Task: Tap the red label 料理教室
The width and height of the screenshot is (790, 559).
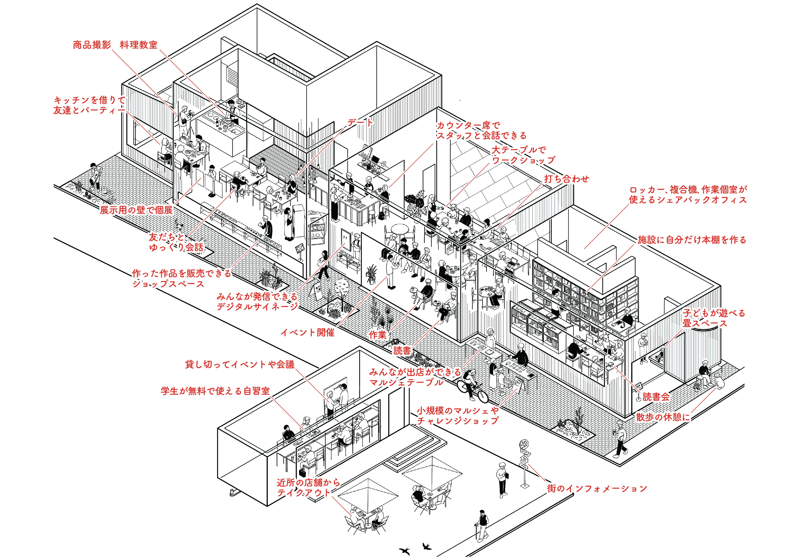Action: pos(139,45)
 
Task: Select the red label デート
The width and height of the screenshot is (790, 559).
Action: pos(360,122)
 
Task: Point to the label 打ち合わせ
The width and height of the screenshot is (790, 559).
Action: pos(566,179)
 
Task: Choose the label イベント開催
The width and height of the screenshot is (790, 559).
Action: pos(307,332)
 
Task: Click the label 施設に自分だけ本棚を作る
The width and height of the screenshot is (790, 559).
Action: pos(692,240)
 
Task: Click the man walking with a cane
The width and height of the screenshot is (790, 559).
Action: pos(482,524)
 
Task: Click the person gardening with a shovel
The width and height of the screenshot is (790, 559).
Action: pos(95,177)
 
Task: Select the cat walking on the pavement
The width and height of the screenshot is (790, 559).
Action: pos(179,225)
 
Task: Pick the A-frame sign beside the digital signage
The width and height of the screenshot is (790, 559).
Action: pos(315,292)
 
